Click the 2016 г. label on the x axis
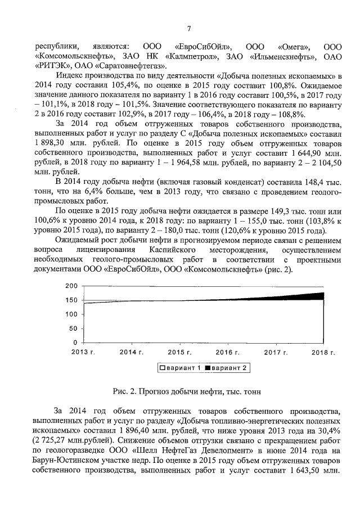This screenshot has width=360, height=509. coord(228,352)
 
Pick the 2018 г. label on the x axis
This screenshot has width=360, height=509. coord(324,352)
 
